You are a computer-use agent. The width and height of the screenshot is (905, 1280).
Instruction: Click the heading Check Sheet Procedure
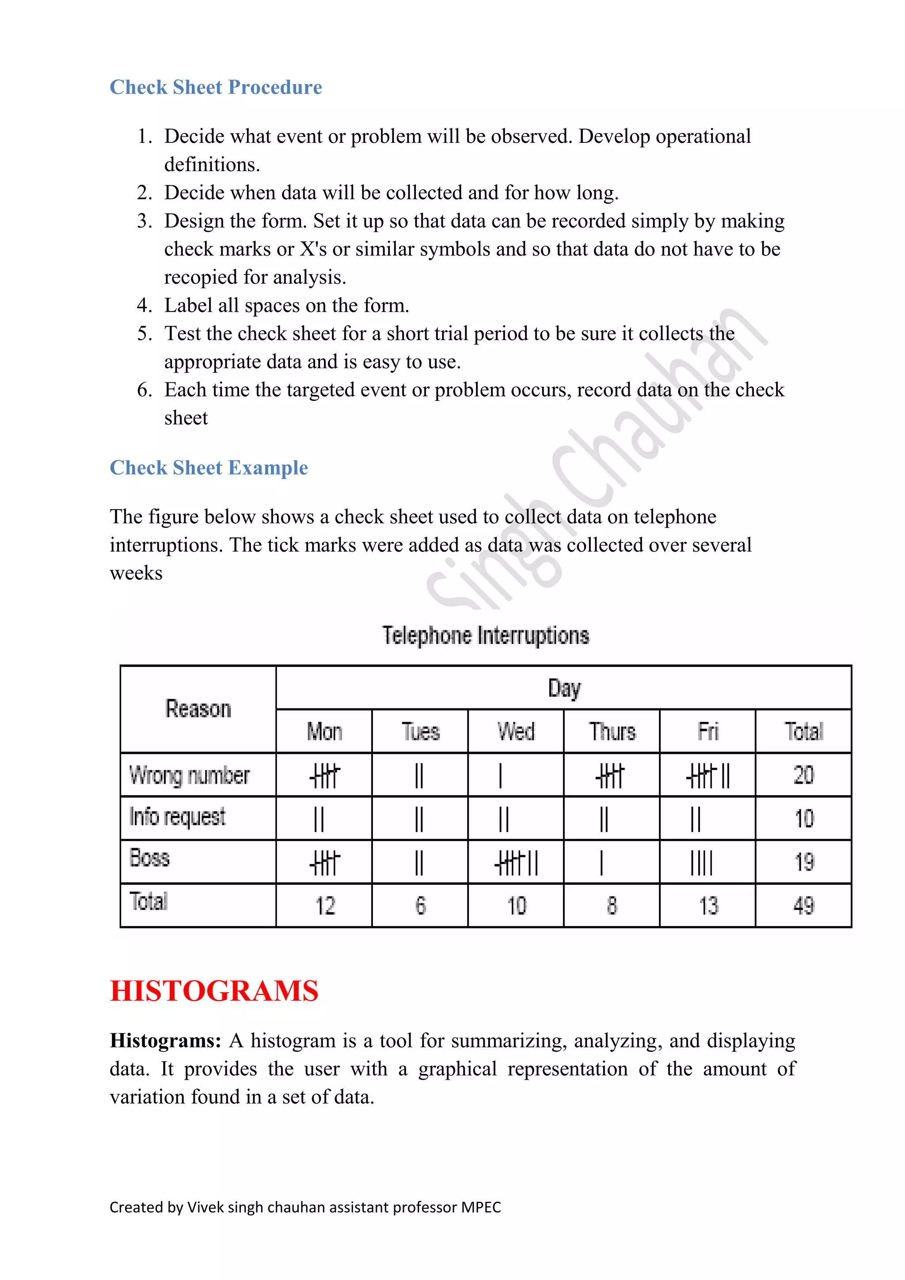click(216, 87)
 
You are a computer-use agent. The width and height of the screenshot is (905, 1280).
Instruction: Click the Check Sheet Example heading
click(209, 468)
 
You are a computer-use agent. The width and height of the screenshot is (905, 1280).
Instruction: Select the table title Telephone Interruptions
click(485, 636)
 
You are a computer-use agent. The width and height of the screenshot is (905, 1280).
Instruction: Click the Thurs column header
click(612, 731)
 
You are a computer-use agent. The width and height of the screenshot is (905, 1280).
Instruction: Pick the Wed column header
click(516, 731)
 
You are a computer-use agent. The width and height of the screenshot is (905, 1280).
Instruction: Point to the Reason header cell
click(198, 709)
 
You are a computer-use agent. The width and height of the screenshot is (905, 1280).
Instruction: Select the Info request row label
click(177, 817)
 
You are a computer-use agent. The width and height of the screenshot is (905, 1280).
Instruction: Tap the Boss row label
click(149, 858)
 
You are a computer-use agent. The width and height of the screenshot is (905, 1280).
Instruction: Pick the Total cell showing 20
click(803, 775)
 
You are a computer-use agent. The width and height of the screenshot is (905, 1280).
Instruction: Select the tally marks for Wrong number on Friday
click(708, 776)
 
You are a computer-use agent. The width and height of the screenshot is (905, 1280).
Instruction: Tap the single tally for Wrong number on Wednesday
click(500, 776)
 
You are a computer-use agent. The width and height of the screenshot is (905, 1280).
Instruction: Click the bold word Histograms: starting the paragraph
click(166, 1041)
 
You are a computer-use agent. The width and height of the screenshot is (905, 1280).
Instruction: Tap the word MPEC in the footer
click(481, 1208)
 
